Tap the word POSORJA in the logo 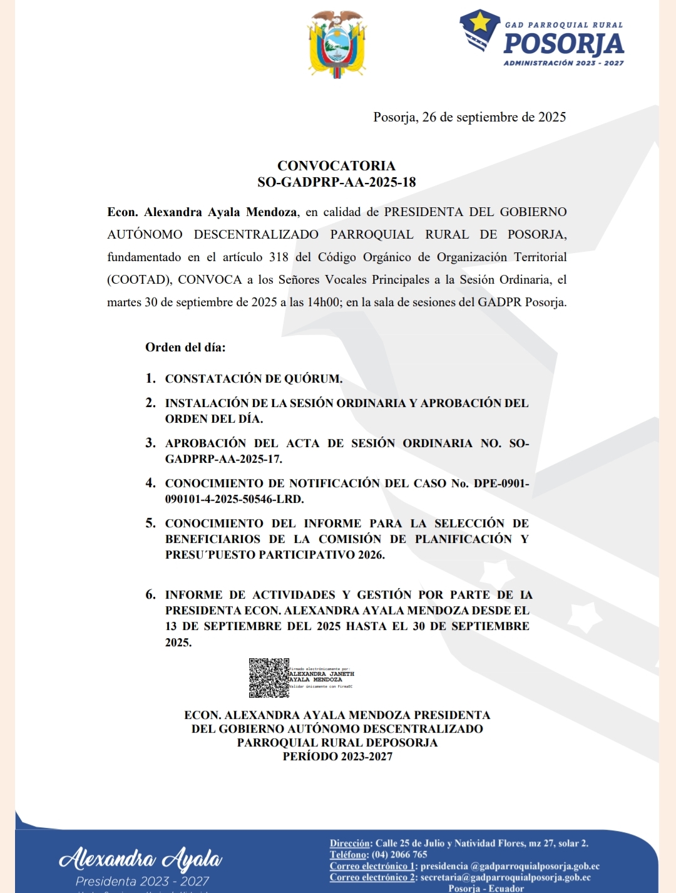(x=563, y=44)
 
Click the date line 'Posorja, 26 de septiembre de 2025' (x=469, y=117)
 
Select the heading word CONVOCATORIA (x=336, y=166)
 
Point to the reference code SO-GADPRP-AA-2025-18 (x=336, y=182)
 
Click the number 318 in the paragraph (x=279, y=257)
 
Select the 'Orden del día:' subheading (x=185, y=348)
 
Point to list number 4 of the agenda (x=150, y=483)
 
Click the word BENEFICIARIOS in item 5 (x=213, y=539)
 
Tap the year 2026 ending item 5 (x=371, y=555)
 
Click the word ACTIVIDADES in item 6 (x=294, y=595)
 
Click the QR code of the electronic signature (x=269, y=678)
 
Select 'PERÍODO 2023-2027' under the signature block (x=337, y=756)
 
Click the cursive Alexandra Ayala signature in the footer (x=141, y=859)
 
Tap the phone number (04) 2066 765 (x=399, y=855)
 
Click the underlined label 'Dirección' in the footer (x=350, y=844)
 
